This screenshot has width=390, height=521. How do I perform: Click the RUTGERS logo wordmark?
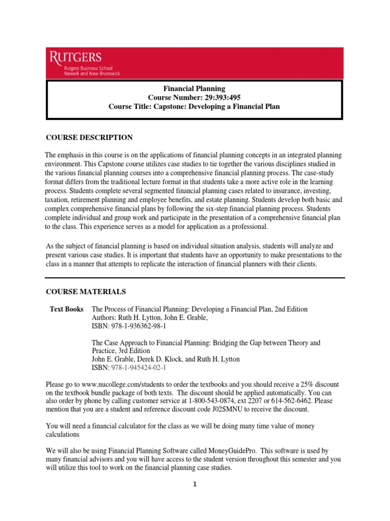coord(75,57)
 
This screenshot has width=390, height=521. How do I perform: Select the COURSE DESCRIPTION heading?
coord(89,137)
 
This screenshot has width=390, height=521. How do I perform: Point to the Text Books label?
coord(67,309)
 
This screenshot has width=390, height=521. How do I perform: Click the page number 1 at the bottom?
coord(194,484)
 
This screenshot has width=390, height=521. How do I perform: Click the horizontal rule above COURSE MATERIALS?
coord(195,278)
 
